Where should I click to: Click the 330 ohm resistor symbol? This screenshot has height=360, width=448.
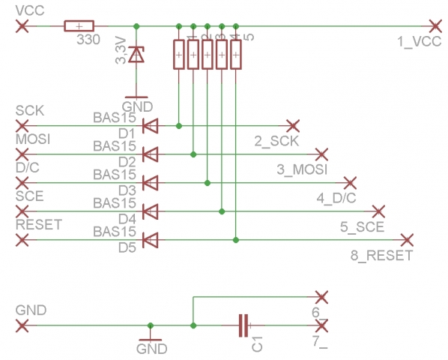[x=75, y=26]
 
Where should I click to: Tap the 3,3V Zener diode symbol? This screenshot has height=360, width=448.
[x=136, y=54]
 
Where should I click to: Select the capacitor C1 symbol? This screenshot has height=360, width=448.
[x=243, y=325]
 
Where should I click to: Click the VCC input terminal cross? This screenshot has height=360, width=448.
[x=22, y=26]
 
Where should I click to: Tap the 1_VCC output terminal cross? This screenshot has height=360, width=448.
[x=433, y=26]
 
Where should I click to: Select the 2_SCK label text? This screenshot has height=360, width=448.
[x=276, y=141]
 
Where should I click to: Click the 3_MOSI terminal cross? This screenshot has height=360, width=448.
[x=321, y=154]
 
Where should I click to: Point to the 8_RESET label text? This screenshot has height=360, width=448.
[x=381, y=256]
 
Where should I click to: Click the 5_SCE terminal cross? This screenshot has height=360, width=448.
[x=378, y=211]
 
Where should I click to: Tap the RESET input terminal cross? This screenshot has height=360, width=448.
[x=22, y=240]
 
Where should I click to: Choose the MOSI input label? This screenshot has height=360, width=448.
[x=32, y=139]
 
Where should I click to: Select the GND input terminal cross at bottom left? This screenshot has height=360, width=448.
[x=22, y=325]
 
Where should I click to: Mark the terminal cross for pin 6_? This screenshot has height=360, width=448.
[x=321, y=296]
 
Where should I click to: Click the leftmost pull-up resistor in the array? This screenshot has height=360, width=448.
[x=179, y=55]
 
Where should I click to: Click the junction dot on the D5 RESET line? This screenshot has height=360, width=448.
[x=236, y=240]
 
